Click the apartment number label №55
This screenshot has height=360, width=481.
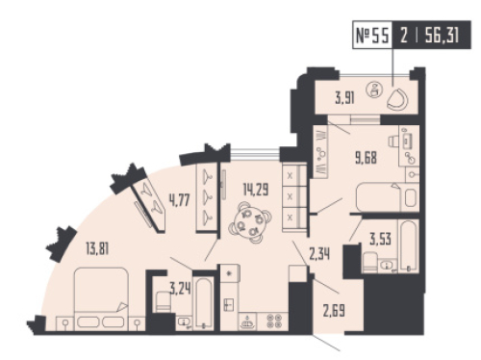[x=372, y=35]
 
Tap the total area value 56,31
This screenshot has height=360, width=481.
[x=442, y=35]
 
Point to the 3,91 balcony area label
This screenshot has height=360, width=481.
[x=344, y=97]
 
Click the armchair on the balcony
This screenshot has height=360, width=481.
[x=397, y=99]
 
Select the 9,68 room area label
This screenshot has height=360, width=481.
[x=366, y=158]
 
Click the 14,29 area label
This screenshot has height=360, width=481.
[x=256, y=189]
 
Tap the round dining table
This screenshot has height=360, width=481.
[x=250, y=221]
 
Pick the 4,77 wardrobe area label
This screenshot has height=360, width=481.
[x=180, y=200]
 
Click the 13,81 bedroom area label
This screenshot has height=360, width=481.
[x=97, y=248]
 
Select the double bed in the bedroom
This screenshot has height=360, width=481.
[x=101, y=298]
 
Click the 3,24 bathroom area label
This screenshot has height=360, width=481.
[x=181, y=289]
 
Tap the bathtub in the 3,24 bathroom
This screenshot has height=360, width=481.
[x=204, y=303]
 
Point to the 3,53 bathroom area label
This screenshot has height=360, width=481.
[x=380, y=239]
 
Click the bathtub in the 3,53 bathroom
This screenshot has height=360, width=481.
[x=409, y=245]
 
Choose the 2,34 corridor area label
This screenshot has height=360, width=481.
[x=319, y=254]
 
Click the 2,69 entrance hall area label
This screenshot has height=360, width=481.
[x=334, y=311]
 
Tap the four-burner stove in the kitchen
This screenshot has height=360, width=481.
[x=275, y=321]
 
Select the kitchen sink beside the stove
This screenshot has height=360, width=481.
[x=247, y=321]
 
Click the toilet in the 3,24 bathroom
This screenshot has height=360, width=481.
[x=164, y=302]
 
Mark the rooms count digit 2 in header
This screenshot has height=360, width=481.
[x=404, y=35]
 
